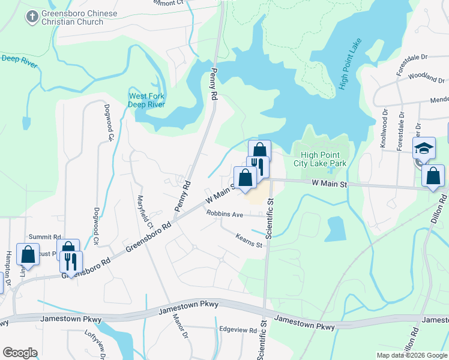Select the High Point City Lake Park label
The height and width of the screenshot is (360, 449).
click(x=320, y=158)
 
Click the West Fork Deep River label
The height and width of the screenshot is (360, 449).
click(x=146, y=100)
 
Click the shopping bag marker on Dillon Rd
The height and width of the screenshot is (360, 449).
click(x=433, y=176)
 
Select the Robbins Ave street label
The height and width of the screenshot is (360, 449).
click(x=224, y=214)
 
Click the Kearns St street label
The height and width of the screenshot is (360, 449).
click(x=249, y=241)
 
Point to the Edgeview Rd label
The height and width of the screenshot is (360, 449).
click(x=238, y=329)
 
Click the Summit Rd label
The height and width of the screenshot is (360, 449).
click(x=46, y=238)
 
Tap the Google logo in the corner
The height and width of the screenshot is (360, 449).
click(x=20, y=353)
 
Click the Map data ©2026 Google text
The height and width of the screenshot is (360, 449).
click(x=411, y=355)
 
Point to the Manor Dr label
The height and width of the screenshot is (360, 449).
click(x=181, y=327)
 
